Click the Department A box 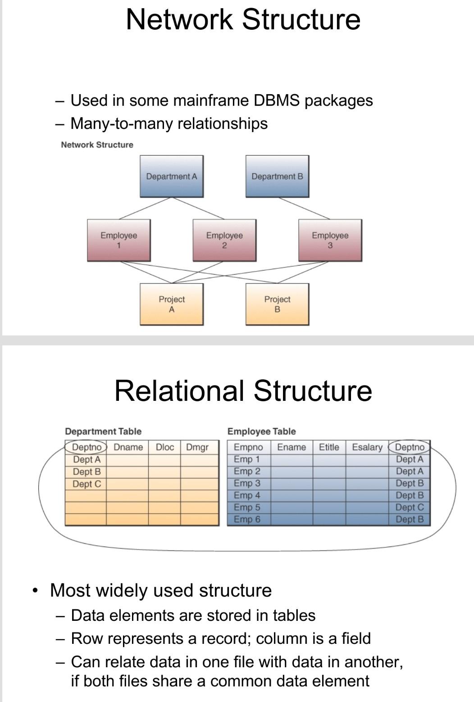tap(172, 176)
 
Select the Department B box tap(277, 176)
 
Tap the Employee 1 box tap(119, 240)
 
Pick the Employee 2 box tap(224, 240)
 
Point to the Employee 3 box tap(330, 240)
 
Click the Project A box tap(172, 304)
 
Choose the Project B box tap(277, 304)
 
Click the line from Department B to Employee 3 tap(304, 208)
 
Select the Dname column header tap(128, 447)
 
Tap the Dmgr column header tap(197, 447)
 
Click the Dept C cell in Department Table tap(87, 484)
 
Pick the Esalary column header tap(367, 447)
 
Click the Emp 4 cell tap(247, 495)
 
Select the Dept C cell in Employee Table tap(410, 507)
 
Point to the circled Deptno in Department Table tap(86, 447)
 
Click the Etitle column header tap(329, 447)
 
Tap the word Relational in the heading tap(179, 390)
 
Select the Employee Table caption tap(262, 431)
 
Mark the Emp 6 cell tap(247, 519)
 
